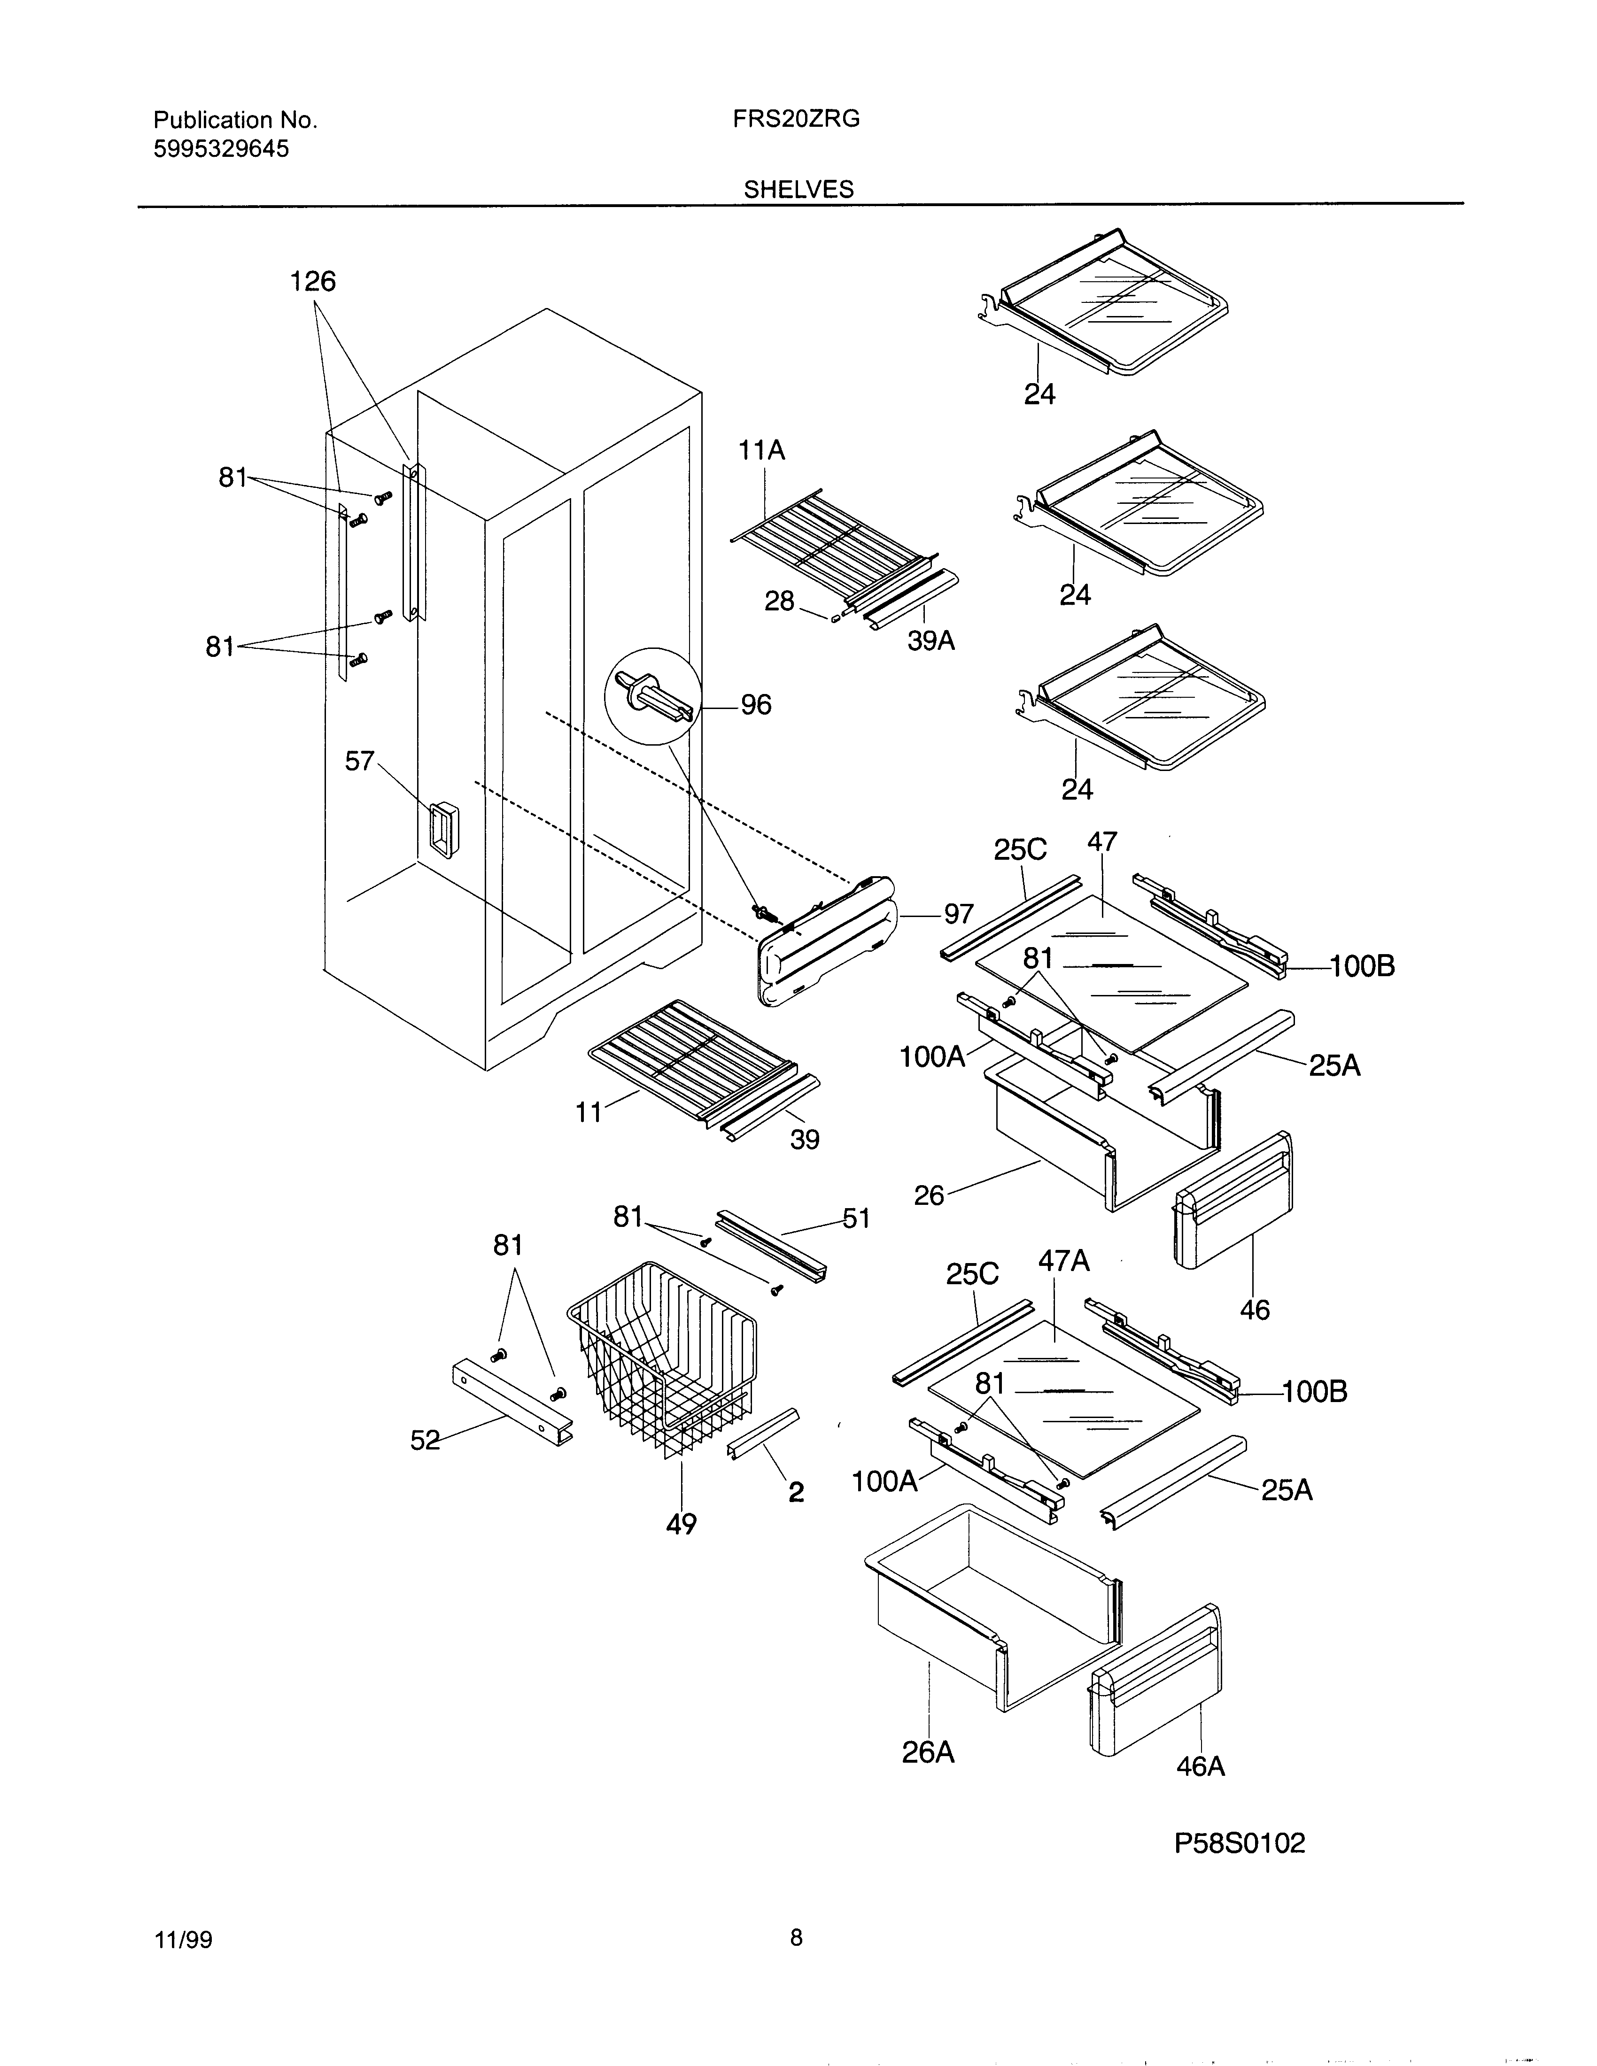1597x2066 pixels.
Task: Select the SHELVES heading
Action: click(x=798, y=189)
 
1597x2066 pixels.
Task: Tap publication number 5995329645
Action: click(x=221, y=148)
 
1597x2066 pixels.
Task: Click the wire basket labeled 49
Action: click(x=662, y=1362)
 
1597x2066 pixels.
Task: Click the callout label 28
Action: click(x=780, y=601)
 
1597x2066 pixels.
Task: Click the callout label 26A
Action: click(x=928, y=1753)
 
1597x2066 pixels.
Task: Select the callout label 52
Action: click(x=425, y=1440)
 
